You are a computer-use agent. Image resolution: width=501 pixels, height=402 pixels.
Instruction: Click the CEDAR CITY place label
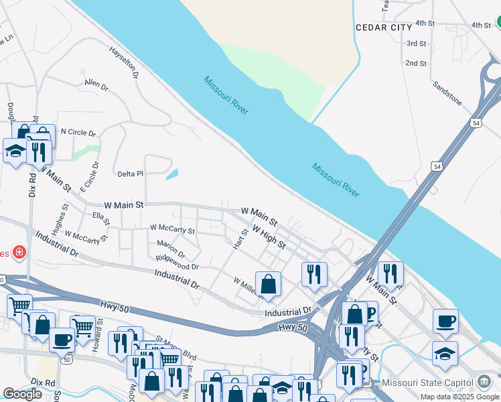pos(384,27)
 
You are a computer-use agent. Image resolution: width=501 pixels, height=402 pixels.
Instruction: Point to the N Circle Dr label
pos(78,132)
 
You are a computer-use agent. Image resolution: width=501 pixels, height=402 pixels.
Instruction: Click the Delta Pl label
pos(131,174)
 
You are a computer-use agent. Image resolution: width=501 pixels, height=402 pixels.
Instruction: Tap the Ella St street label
pos(102,217)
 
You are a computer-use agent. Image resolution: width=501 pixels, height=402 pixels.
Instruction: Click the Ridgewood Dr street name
pos(177,262)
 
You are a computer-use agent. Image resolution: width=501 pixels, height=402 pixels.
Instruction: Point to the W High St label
pos(269,237)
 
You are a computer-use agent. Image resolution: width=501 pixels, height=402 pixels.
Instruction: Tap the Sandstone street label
pos(447,93)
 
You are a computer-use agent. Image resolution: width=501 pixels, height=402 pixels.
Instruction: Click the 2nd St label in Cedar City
pos(416,64)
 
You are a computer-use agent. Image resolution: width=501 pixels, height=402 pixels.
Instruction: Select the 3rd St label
pos(416,44)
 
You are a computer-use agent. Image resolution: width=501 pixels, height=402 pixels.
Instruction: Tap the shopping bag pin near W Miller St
pos(268,283)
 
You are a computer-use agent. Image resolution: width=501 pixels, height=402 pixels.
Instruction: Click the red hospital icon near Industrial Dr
pos(20,253)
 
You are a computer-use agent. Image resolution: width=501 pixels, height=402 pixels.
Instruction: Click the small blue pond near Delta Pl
pos(171,174)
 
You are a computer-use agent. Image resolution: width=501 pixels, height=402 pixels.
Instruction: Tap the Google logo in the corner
pos(22,394)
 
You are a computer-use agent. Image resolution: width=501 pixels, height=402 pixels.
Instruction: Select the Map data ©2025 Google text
pos(459,397)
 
